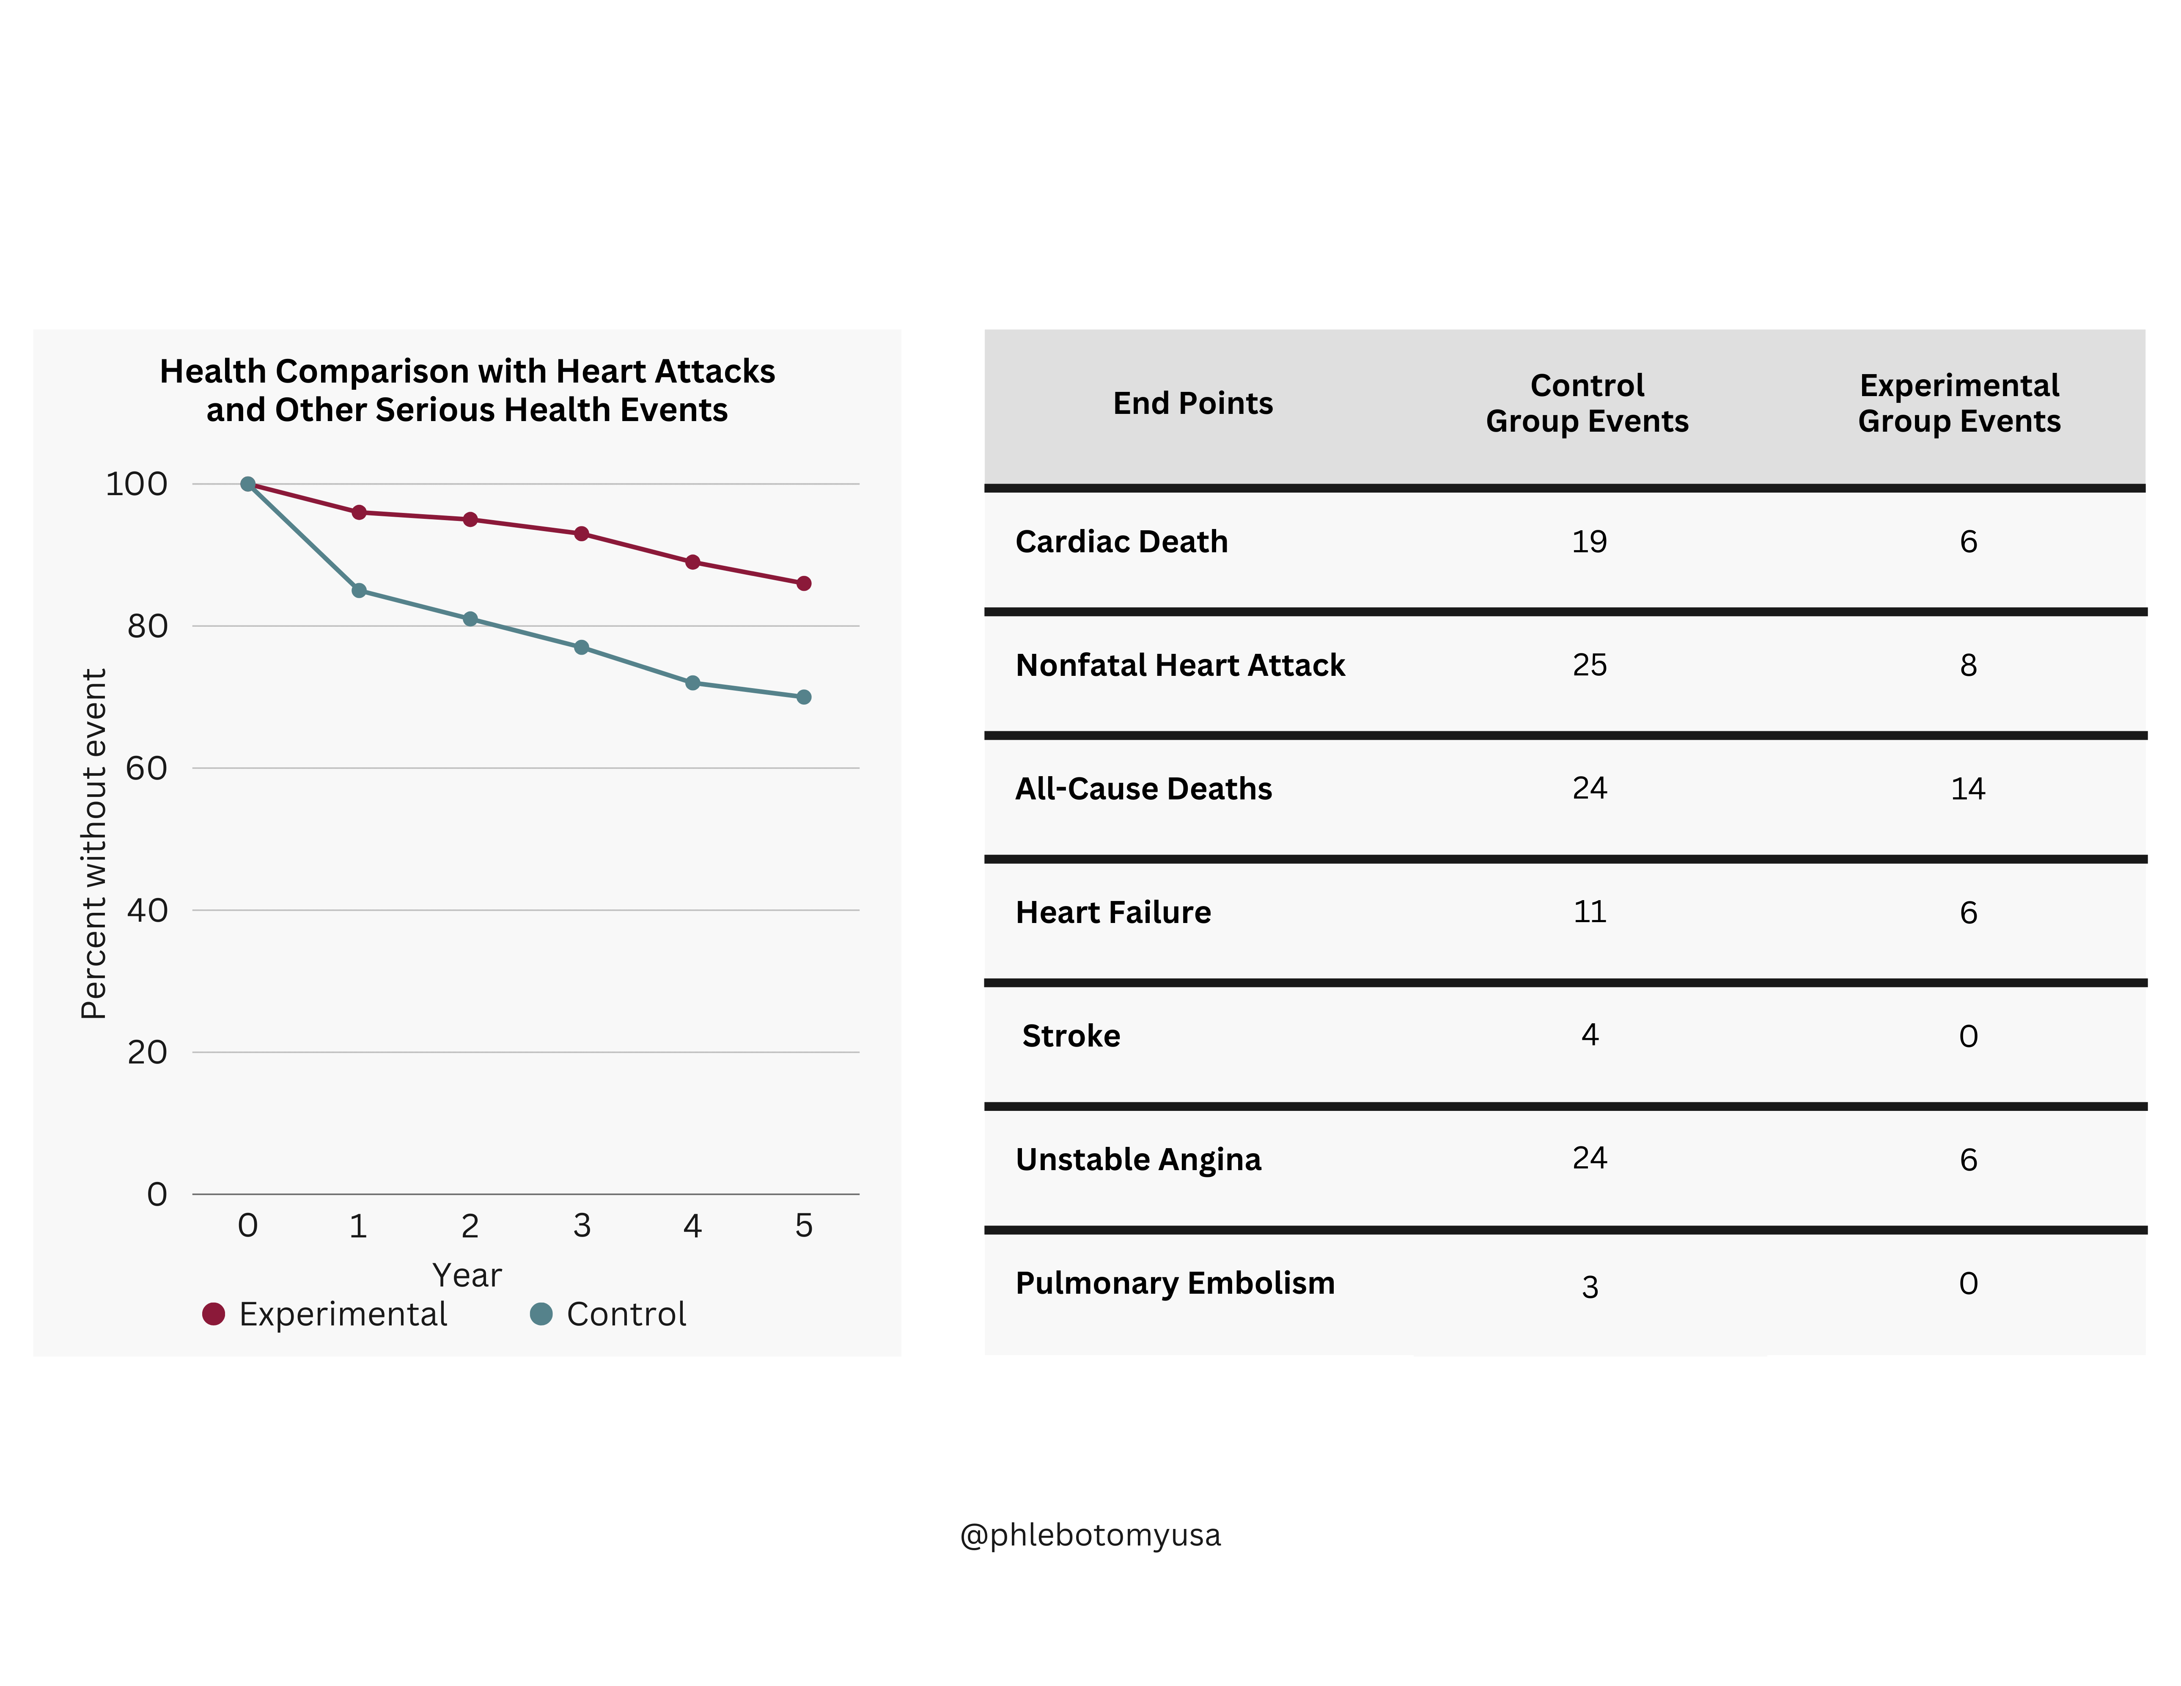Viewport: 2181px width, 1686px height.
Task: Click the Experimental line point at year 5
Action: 804,583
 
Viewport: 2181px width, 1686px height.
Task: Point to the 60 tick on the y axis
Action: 147,768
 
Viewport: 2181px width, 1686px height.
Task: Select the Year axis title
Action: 466,1276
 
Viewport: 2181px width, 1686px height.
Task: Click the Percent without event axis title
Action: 93,844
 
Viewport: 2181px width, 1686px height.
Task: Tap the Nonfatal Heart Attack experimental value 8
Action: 1967,665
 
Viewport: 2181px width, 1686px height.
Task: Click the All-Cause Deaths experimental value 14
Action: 1967,789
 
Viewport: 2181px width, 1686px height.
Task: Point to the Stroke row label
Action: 1071,1036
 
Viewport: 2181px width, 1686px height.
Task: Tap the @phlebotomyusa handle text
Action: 1090,1535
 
